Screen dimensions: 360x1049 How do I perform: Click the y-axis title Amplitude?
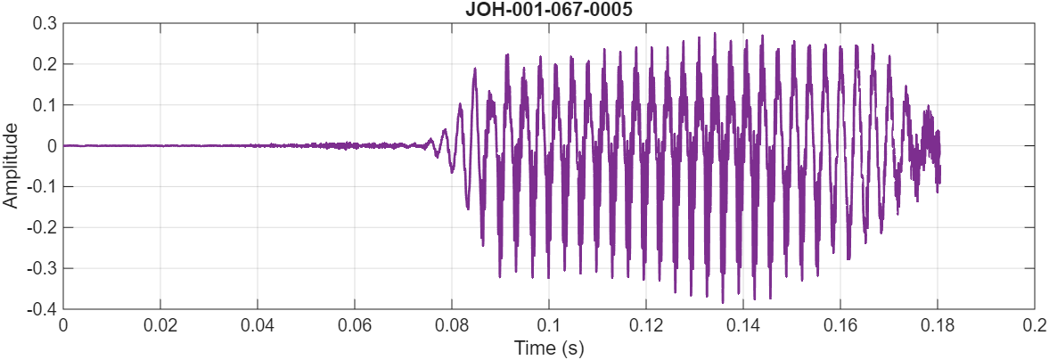point(11,166)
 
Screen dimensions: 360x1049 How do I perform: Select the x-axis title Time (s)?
point(548,348)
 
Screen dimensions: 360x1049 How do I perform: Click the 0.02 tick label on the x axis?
point(160,325)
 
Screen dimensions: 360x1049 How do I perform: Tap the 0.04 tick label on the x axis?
point(258,325)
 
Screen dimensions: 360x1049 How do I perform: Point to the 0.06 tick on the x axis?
point(355,325)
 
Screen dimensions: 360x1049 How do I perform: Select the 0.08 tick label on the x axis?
point(452,325)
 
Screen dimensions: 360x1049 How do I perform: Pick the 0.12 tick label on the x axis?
point(646,325)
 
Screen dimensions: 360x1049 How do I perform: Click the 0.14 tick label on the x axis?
point(743,325)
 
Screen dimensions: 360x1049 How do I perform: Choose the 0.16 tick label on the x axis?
point(840,325)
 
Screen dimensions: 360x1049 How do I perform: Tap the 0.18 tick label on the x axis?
point(938,325)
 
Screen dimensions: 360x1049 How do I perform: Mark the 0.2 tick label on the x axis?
point(1034,325)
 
